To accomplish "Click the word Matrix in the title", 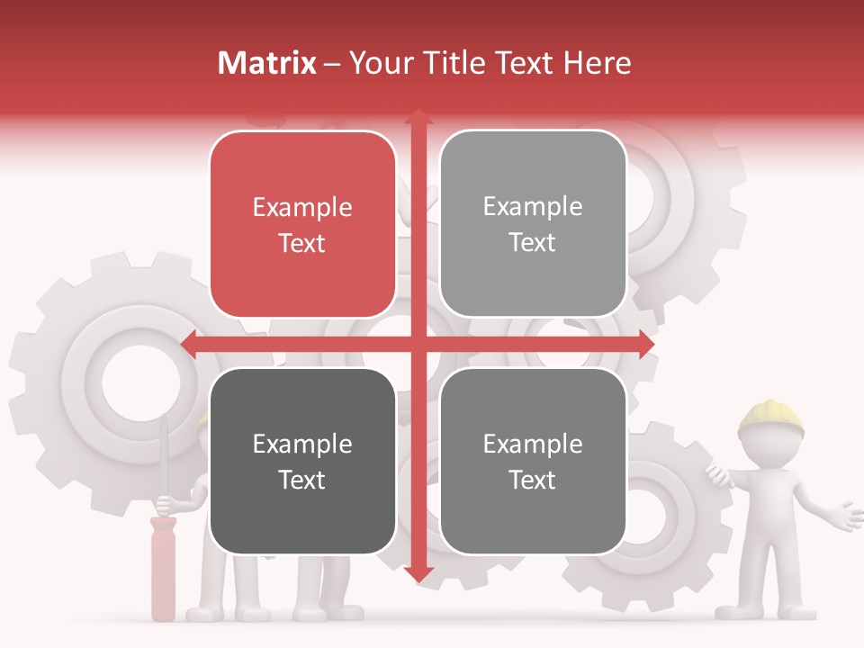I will click(x=266, y=63).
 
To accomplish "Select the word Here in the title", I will click(x=597, y=63).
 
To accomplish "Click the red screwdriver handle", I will click(x=163, y=567).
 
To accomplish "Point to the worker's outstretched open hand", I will click(x=846, y=516).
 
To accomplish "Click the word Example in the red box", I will click(x=302, y=208).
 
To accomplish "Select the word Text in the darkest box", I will click(x=302, y=480).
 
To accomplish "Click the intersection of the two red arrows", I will click(x=418, y=344).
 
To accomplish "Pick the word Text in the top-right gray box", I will click(x=533, y=243).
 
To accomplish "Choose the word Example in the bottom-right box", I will click(x=533, y=444).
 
